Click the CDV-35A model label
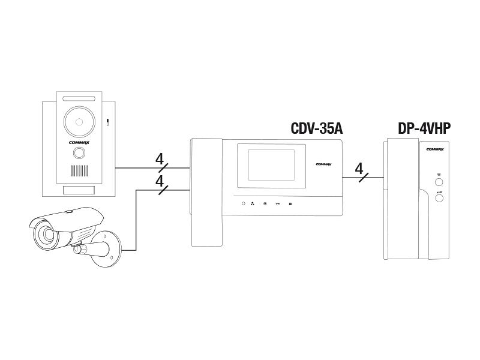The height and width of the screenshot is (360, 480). point(316,128)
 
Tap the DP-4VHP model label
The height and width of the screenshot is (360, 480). point(424,128)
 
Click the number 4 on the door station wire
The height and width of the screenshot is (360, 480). point(159,160)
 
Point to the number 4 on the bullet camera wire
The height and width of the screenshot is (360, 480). point(159,181)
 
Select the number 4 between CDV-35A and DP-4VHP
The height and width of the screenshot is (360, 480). point(359,168)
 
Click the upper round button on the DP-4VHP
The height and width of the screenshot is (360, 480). point(439,182)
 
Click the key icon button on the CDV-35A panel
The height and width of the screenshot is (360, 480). point(278,204)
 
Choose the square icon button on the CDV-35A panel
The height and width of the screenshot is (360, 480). point(290,204)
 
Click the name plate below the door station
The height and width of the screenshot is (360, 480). point(78,190)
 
